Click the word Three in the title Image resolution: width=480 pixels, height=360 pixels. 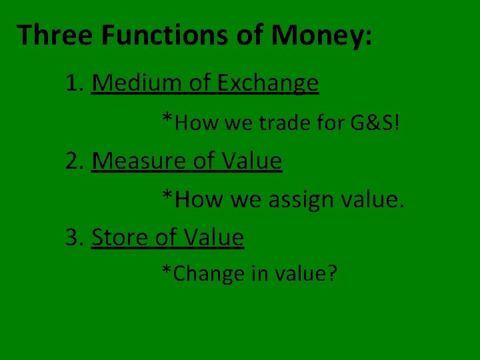55,35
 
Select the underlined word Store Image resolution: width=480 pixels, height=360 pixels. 117,237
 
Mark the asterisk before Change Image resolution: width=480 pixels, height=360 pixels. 167,271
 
